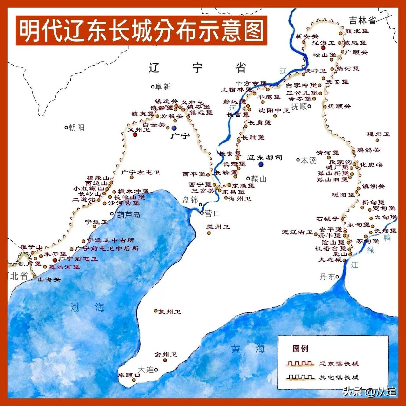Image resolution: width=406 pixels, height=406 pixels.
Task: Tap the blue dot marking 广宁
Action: (x=174, y=128)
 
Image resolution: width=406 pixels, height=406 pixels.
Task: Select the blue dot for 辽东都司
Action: (x=261, y=164)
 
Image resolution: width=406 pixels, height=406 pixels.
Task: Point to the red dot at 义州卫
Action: (x=135, y=134)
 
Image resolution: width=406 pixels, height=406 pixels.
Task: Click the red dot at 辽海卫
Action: (x=323, y=48)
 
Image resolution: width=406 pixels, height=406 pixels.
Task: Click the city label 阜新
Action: (x=163, y=87)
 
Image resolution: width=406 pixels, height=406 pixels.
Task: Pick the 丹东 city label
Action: (x=327, y=277)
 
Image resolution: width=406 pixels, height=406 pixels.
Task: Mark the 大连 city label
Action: (x=146, y=369)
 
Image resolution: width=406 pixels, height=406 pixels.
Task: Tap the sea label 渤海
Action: (x=87, y=307)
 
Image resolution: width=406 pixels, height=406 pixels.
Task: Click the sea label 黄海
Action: (x=248, y=349)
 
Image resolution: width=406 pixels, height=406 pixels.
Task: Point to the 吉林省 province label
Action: (x=362, y=21)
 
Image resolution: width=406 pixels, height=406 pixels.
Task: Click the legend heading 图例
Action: (x=300, y=349)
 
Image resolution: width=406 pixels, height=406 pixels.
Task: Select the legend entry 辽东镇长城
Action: (x=339, y=363)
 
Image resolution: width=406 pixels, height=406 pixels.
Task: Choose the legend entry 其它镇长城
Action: (x=339, y=377)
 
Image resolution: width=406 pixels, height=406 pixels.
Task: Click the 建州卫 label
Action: (x=378, y=134)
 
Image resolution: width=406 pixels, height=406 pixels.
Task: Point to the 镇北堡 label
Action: (x=357, y=31)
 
